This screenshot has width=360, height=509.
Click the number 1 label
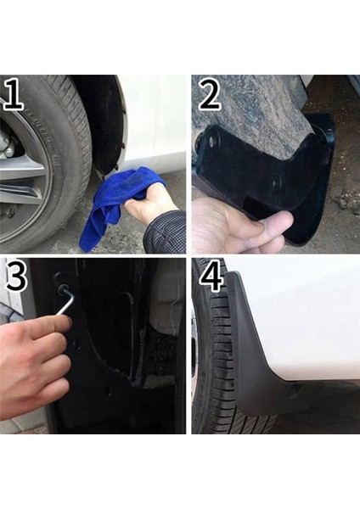click(14, 94)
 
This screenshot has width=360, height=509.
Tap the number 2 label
click(210, 94)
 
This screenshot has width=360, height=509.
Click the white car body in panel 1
click(153, 119)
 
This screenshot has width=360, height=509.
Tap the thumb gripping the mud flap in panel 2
click(272, 222)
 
